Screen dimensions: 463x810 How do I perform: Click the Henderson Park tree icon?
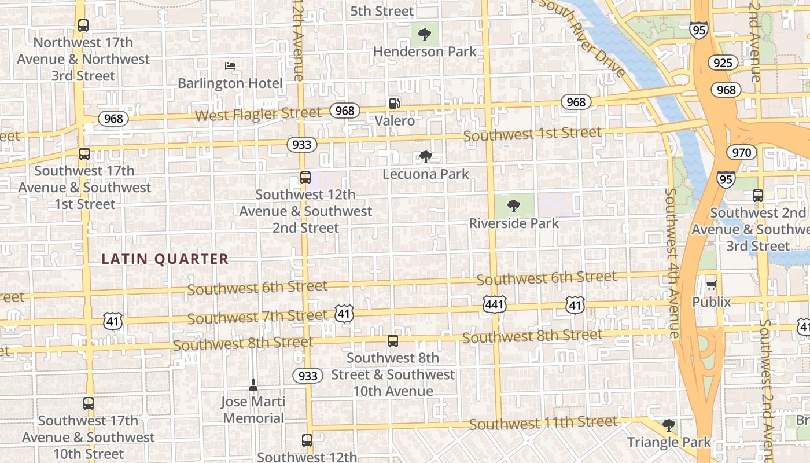tap(425, 34)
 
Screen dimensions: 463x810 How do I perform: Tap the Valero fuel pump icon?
tap(394, 104)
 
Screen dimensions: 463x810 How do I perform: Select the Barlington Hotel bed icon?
tap(230, 66)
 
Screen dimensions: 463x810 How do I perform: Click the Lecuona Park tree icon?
tap(426, 156)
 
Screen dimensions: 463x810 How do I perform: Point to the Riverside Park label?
tap(514, 223)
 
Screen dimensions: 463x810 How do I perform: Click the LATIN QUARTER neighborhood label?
tap(165, 259)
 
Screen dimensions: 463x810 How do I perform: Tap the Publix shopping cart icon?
tap(711, 285)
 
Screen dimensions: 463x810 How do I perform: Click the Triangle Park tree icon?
tap(669, 425)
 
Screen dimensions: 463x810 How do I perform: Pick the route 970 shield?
tap(741, 153)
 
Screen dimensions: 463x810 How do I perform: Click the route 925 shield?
tap(723, 63)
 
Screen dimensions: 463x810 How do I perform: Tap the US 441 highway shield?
tap(495, 303)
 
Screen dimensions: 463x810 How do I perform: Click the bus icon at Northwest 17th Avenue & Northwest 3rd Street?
tap(83, 25)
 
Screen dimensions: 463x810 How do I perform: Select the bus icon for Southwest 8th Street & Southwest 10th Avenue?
tap(393, 341)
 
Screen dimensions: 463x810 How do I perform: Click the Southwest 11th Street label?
tap(543, 423)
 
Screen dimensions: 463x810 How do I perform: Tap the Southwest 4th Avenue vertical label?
tap(672, 263)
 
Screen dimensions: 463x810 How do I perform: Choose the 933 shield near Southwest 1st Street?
tap(301, 145)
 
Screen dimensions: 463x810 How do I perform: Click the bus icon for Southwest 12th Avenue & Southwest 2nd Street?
tap(305, 178)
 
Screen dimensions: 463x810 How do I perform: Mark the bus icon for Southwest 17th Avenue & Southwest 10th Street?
tap(89, 403)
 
